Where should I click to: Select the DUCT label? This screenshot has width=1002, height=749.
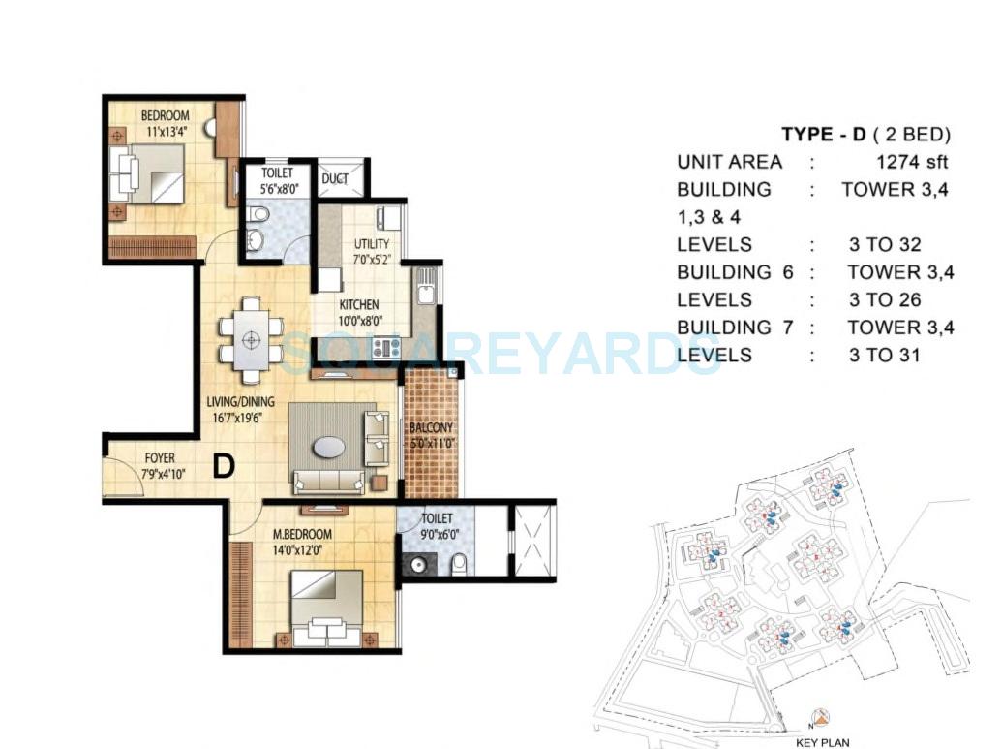point(335,179)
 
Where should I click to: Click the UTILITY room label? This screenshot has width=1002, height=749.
point(372,243)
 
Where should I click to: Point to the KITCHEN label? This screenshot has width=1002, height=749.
point(358,305)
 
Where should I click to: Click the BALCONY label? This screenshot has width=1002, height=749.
point(431,427)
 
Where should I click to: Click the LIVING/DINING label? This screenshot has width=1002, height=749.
point(240,401)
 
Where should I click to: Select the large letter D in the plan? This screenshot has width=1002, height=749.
point(224,466)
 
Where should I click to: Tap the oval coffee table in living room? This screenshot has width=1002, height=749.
point(327,447)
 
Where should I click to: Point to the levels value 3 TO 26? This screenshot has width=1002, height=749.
point(884,300)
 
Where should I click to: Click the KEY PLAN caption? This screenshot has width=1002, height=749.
point(822,742)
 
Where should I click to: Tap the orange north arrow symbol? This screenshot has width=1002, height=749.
point(821,719)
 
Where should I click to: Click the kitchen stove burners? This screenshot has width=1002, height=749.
point(386,346)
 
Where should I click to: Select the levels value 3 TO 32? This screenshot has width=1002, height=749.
point(884,245)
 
